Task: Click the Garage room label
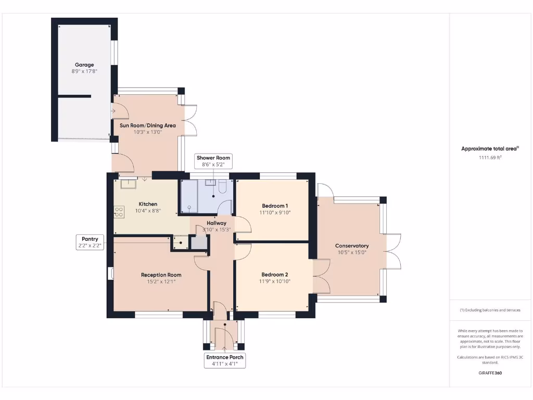click(84, 65)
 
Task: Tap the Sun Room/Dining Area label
click(147, 126)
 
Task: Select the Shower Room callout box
click(213, 161)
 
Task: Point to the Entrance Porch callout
click(225, 360)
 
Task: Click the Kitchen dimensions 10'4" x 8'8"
click(148, 211)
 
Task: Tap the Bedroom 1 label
click(275, 206)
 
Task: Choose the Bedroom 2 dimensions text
click(275, 281)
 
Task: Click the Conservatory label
click(352, 246)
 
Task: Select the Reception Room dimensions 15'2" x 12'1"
click(161, 282)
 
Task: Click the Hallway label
click(217, 223)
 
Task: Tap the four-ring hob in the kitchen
click(119, 212)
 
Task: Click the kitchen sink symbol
click(128, 184)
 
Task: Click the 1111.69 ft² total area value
click(490, 157)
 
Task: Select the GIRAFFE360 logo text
click(490, 373)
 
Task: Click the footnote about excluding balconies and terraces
click(490, 310)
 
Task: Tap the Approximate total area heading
click(490, 148)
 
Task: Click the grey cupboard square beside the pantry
click(198, 243)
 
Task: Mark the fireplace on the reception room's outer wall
click(110, 274)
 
